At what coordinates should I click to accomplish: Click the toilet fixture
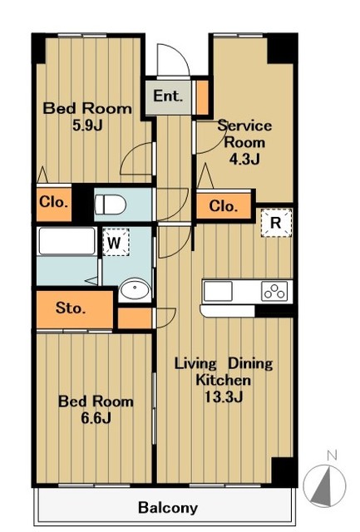[111, 204]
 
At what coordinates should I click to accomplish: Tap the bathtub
[67, 241]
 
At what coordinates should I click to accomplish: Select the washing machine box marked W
[116, 242]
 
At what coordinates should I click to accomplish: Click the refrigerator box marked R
[276, 223]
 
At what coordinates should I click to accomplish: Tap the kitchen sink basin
[218, 291]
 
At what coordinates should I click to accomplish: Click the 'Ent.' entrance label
[168, 96]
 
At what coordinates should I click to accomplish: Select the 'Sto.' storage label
[71, 308]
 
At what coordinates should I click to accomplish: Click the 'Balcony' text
[168, 508]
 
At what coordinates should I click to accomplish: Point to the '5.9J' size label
[87, 126]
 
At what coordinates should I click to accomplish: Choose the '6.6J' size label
[96, 418]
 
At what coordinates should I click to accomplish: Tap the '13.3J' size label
[224, 397]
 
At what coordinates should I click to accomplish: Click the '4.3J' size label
[244, 159]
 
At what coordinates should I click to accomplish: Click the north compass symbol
[325, 486]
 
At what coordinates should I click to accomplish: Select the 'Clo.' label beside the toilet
[53, 202]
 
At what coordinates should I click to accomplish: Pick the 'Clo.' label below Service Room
[223, 206]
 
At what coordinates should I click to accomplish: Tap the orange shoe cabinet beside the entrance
[203, 98]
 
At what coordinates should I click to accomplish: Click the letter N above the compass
[332, 456]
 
